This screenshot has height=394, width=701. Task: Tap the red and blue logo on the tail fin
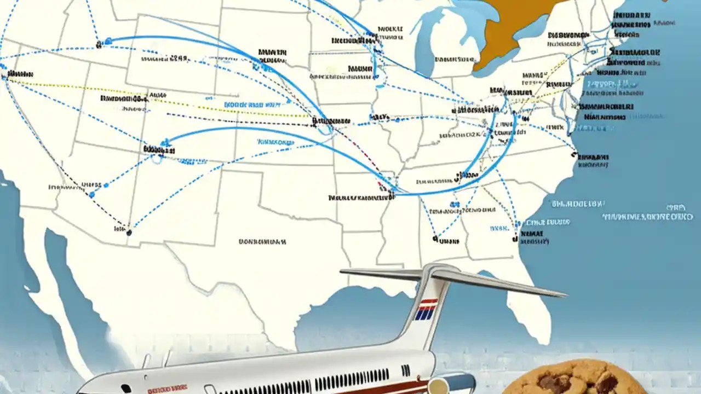click(x=426, y=309)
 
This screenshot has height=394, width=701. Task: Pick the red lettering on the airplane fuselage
click(x=168, y=387)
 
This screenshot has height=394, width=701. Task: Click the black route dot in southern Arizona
click(x=129, y=232)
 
